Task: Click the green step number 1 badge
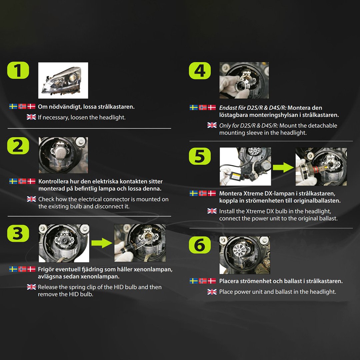point(18,70)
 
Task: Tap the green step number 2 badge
point(18,146)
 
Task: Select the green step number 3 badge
point(18,233)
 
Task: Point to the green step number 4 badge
point(200,71)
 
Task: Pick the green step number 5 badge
point(200,156)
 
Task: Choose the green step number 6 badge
point(200,245)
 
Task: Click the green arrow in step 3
point(102,243)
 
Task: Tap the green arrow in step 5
point(283,167)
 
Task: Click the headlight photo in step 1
point(63,80)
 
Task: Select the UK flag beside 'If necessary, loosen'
point(31,117)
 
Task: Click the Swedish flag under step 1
point(13,106)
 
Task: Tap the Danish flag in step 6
point(212,281)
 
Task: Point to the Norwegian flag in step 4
point(203,107)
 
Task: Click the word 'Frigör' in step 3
point(46,269)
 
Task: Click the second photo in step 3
point(140,243)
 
